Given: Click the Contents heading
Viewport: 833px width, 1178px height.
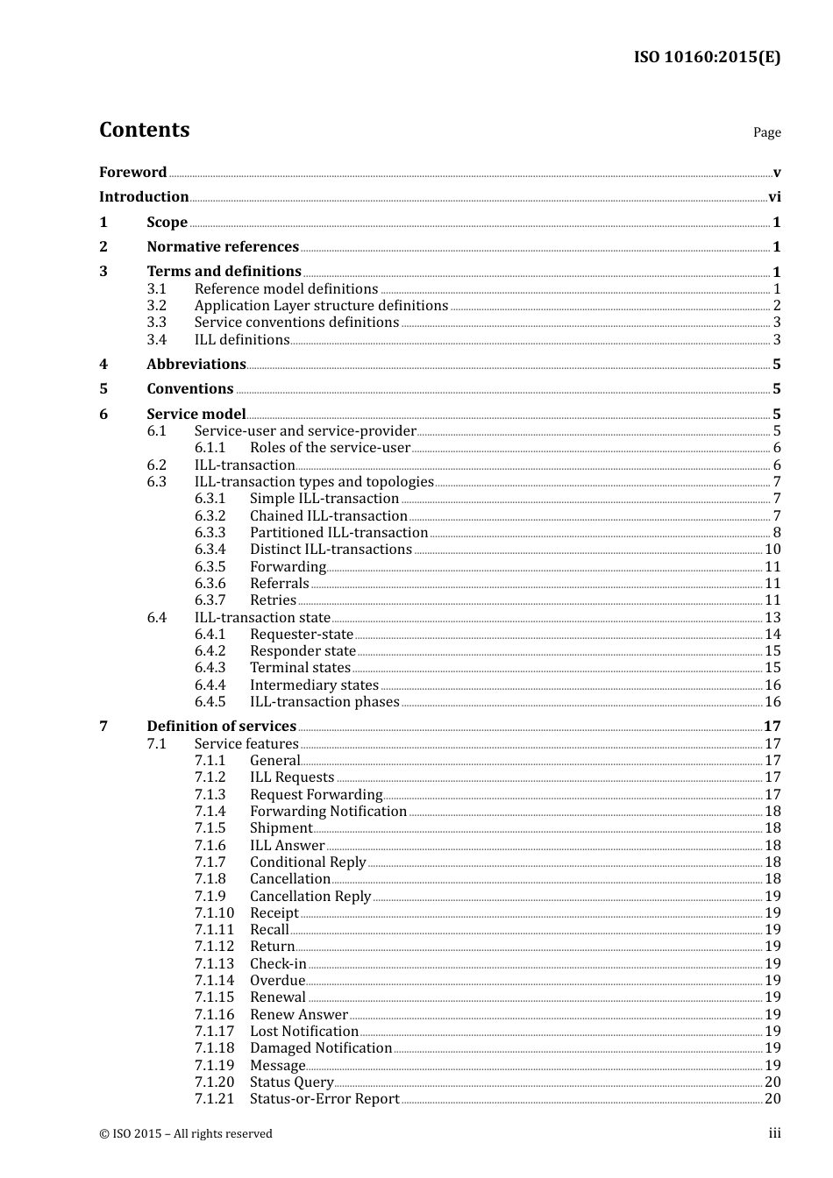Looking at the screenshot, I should pos(144,130).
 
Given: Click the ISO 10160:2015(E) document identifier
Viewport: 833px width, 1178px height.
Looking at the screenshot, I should pos(707,57).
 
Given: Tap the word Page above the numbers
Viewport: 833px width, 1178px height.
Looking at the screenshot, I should pos(766,132).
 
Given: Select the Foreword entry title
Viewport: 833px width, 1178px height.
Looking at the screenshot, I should pos(132,173).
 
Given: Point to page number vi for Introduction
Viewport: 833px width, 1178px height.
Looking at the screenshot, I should pos(774,197).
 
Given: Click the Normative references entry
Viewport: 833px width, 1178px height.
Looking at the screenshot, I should pos(223,247).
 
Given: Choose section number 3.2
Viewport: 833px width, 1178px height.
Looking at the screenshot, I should pos(156,306).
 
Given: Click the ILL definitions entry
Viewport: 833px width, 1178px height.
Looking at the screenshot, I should pos(242,340).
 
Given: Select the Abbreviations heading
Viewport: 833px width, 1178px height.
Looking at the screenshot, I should pos(196,365).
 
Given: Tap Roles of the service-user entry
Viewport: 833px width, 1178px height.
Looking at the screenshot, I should pos(330,448).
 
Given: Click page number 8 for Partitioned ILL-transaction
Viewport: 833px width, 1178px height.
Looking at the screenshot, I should pos(777,533).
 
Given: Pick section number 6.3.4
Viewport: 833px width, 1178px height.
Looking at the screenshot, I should pos(210,550).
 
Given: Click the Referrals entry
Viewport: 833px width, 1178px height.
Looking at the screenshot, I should pos(279,584).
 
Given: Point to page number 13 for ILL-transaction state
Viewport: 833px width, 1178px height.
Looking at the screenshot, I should pos(772,618).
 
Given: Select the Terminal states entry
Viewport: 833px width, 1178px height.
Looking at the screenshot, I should pos(300,668).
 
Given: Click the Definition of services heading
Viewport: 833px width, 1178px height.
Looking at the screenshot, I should pos(221,727).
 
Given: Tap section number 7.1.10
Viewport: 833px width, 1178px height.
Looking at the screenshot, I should pos(214,913).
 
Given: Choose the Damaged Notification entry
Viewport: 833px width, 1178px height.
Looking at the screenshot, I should pos(321,1048).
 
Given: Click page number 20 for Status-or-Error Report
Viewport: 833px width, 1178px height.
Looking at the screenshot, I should pos(772,1099).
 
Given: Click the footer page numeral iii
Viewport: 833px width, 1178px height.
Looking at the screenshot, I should pos(774,1133).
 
